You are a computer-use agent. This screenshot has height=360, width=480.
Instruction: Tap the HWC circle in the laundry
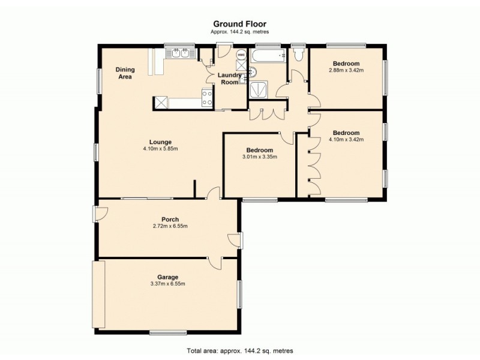[x=241, y=56]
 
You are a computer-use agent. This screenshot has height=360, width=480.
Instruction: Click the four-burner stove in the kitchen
[x=208, y=97]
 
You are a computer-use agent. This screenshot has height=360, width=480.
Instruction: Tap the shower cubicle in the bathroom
[x=260, y=88]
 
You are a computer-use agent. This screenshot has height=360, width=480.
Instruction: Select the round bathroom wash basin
[x=252, y=73]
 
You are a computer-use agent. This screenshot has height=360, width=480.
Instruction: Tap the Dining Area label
[x=125, y=73]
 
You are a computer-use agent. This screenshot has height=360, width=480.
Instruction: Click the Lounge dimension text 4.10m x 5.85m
[x=160, y=149]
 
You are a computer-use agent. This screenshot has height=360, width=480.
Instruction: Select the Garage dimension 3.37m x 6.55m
[x=168, y=284]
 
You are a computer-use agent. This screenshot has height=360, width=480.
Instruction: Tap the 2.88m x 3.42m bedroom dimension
[x=346, y=70]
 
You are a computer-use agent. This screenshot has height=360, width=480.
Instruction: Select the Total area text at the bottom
[x=239, y=350]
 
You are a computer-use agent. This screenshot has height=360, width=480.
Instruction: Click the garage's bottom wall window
[x=164, y=332]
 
